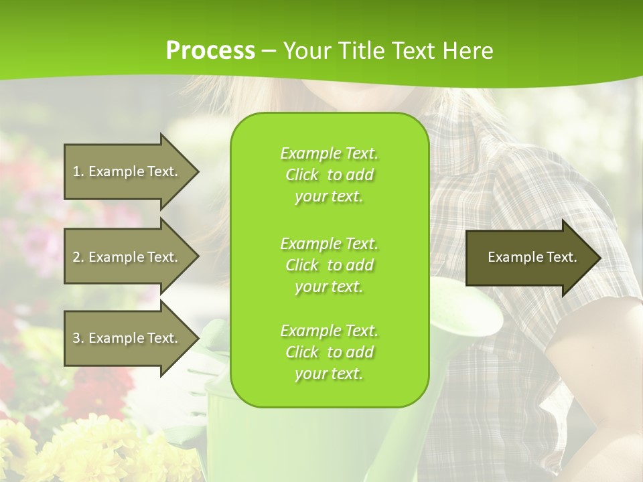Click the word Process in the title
210,50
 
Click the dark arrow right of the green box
529,257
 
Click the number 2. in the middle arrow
78,257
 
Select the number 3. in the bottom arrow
78,338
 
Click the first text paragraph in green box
329,175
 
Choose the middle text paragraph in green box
329,265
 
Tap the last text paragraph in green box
329,352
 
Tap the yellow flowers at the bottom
87,455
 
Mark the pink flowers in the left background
40,234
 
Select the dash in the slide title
269,51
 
